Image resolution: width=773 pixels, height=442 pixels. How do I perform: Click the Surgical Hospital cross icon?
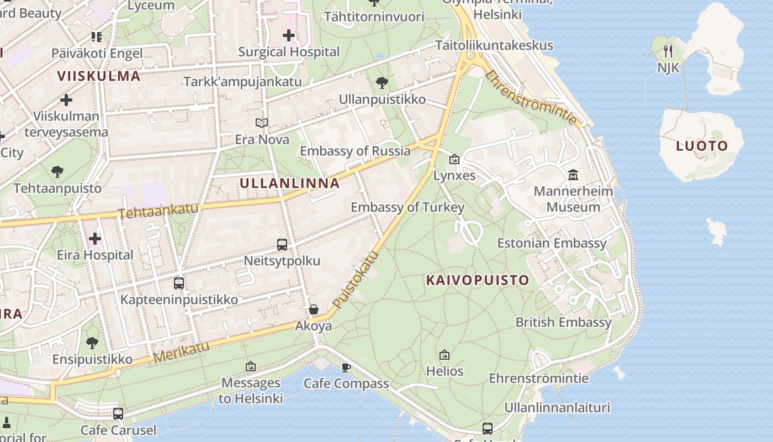pos(288,36)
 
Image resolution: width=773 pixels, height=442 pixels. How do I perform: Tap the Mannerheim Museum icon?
pos(573,175)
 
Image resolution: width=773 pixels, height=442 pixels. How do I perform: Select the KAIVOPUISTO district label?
pos(478,280)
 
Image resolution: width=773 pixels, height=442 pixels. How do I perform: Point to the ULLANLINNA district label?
pos(290,183)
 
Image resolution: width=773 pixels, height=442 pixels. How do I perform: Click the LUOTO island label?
pos(702,146)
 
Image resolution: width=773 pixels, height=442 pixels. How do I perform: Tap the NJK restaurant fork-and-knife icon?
pos(668,51)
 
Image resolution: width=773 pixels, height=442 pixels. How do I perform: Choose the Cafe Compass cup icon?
pos(346,367)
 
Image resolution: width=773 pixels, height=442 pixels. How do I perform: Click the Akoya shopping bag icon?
pos(314,310)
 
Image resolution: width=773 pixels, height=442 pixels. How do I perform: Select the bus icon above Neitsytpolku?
pos(282,245)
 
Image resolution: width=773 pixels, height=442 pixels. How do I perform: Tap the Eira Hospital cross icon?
pos(95,239)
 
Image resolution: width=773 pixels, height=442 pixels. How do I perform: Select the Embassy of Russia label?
pos(355,151)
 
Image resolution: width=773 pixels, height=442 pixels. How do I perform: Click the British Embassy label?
pos(563,322)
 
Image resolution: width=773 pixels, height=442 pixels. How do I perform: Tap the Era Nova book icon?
pos(262,123)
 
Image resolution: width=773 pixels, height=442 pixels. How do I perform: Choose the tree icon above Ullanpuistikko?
pos(382,83)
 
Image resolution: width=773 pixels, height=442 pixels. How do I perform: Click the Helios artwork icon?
pos(444,355)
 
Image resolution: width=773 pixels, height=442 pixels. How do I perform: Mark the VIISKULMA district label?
pos(99,76)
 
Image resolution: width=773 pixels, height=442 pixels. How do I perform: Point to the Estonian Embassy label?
pos(552,243)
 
